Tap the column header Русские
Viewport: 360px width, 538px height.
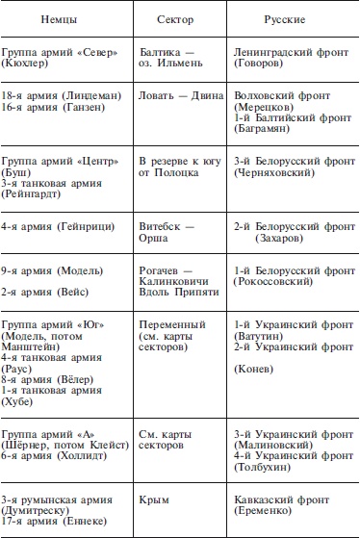click(x=285, y=20)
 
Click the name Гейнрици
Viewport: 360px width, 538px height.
click(x=88, y=226)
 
